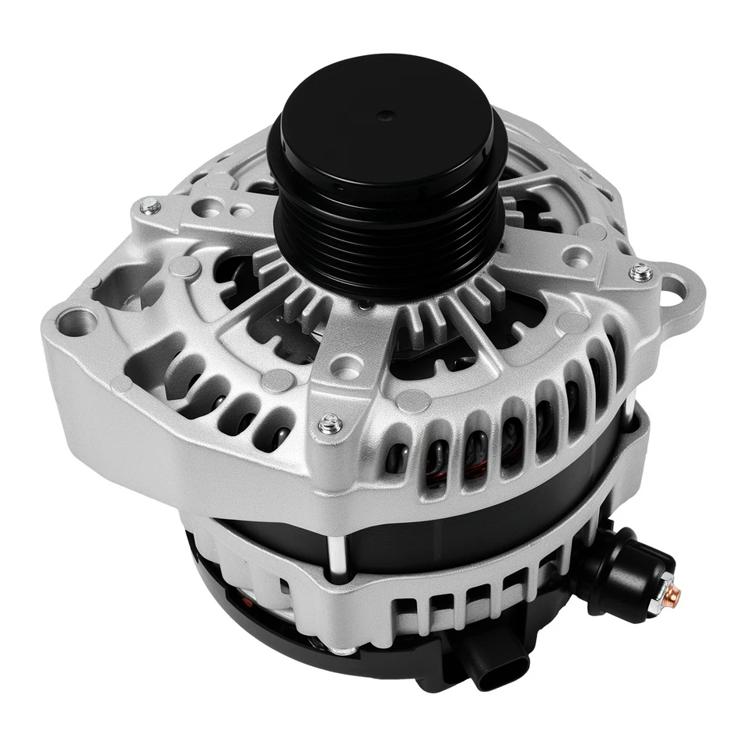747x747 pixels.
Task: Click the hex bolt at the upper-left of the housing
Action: [x=150, y=206]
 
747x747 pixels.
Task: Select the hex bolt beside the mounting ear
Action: [x=640, y=272]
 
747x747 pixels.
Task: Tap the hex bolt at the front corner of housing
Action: [x=330, y=423]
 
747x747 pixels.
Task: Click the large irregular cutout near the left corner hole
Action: [x=124, y=280]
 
